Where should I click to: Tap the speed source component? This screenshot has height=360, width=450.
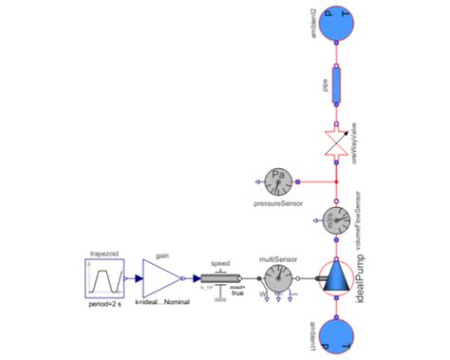click(x=219, y=279)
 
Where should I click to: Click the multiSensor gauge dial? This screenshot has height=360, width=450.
click(x=279, y=278)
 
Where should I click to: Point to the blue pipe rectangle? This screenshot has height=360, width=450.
click(x=338, y=87)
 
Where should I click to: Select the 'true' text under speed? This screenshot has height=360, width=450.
click(x=238, y=294)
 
